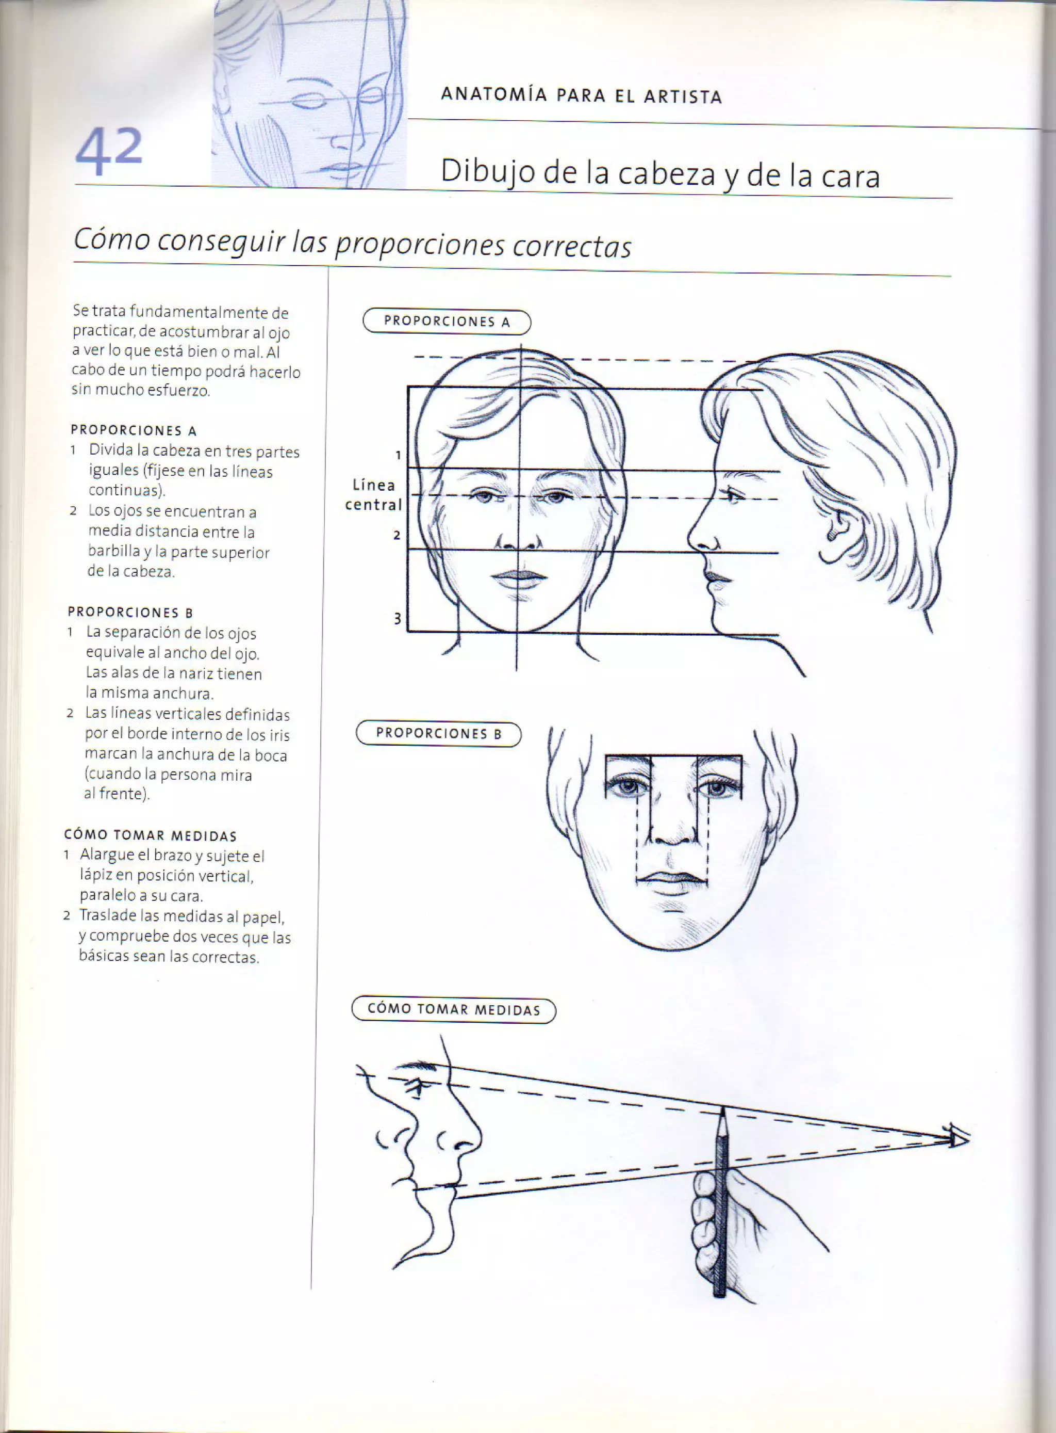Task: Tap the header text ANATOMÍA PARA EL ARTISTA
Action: (x=581, y=96)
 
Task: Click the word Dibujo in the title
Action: (x=487, y=173)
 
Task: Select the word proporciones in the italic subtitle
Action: (x=419, y=245)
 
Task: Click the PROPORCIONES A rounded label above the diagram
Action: (x=447, y=322)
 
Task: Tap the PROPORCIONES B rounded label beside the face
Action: (x=438, y=734)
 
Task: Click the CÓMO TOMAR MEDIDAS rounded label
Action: (x=454, y=1010)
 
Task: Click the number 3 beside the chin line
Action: (x=397, y=619)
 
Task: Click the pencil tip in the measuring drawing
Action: (x=722, y=1112)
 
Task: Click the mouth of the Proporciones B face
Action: (x=672, y=880)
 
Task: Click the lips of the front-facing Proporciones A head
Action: (x=520, y=576)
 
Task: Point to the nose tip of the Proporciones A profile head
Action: (x=692, y=541)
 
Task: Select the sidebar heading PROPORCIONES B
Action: (x=130, y=612)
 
